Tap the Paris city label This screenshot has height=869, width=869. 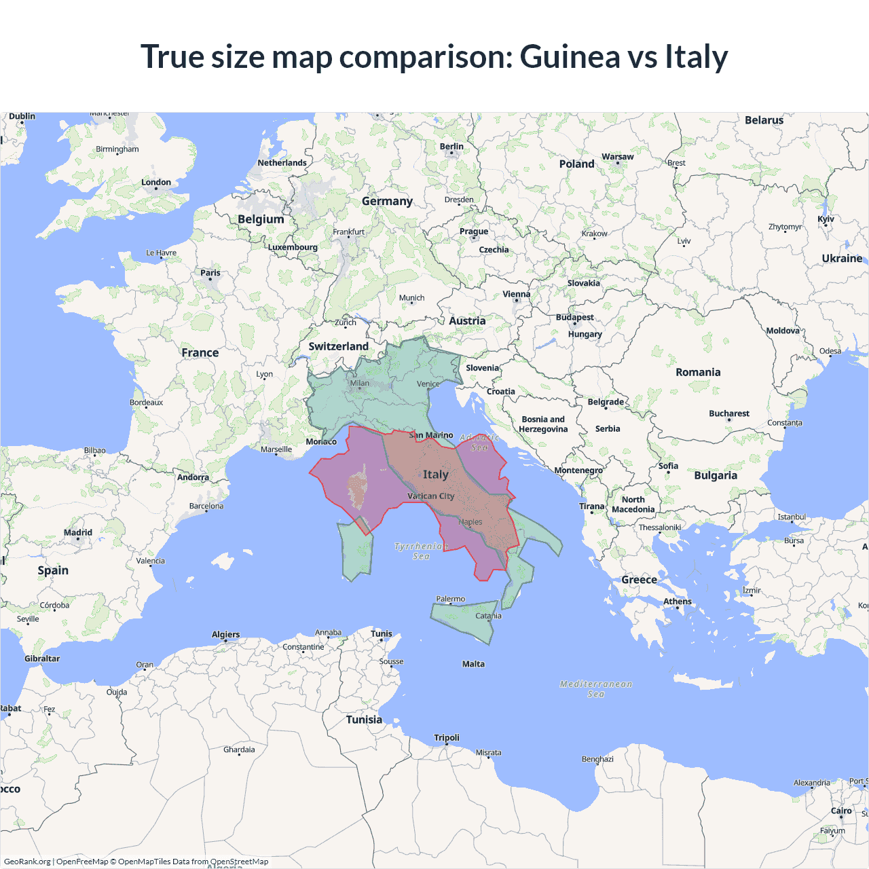[210, 273]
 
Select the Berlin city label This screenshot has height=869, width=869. [451, 147]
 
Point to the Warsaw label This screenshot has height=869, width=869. [617, 157]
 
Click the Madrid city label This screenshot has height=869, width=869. [78, 533]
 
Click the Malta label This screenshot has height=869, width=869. [473, 664]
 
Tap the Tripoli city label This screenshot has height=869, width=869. [447, 738]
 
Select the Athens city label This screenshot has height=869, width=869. [677, 602]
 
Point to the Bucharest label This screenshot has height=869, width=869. [728, 413]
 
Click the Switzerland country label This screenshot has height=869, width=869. [338, 346]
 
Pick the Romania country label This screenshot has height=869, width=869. [698, 372]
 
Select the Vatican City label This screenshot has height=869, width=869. [430, 496]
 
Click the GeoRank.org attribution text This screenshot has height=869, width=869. [27, 862]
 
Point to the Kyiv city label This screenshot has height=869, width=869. [826, 219]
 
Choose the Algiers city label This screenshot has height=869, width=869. [225, 635]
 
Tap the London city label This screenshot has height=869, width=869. [156, 183]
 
